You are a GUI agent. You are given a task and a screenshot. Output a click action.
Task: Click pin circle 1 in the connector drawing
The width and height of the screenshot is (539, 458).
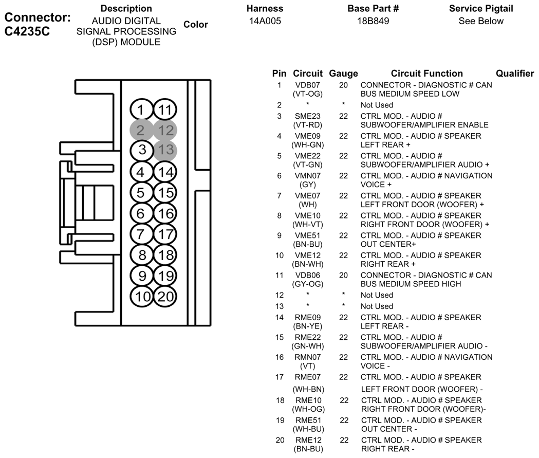[x=141, y=109]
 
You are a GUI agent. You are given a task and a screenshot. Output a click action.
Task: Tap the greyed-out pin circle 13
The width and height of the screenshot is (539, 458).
[x=165, y=150]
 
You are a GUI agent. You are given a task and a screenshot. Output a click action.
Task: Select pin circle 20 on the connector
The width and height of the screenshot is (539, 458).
[x=165, y=296]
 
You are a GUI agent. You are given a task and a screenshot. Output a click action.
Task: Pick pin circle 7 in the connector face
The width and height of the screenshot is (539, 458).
[x=141, y=234]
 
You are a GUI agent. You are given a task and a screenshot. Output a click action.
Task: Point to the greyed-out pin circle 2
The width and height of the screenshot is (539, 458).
[x=141, y=130]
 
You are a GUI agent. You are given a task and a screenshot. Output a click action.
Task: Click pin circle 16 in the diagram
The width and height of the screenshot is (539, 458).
[x=165, y=213]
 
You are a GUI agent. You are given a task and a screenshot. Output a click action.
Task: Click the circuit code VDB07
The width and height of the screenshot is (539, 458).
[x=307, y=85]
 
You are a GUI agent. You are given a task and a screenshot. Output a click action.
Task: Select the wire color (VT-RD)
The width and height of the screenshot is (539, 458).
[x=308, y=125]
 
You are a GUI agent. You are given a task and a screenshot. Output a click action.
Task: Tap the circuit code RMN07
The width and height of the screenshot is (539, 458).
[x=308, y=357]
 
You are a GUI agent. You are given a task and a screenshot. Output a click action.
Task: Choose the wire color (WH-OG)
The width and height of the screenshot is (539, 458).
[x=308, y=409]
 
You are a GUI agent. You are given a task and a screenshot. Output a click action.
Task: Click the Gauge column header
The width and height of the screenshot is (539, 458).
[x=343, y=74]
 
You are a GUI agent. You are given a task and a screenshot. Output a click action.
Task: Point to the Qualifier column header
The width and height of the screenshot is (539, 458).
[x=515, y=73]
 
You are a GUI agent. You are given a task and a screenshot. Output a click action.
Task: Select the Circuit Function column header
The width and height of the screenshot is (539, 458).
[x=427, y=73]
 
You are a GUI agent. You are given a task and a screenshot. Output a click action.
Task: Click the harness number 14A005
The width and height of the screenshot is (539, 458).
[x=265, y=21]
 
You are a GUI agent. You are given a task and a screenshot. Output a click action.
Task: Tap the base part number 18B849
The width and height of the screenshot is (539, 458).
[x=373, y=21]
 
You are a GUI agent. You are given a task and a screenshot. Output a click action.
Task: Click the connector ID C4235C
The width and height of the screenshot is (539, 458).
[x=27, y=31]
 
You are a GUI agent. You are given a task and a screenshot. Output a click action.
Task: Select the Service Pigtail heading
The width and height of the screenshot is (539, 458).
[x=481, y=9]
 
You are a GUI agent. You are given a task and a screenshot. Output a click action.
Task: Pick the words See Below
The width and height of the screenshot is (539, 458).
[x=481, y=21]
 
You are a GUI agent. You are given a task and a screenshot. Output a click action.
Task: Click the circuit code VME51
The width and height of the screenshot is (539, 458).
[x=308, y=235]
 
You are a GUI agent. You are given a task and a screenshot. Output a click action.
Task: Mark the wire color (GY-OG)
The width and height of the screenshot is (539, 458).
[x=308, y=284]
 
